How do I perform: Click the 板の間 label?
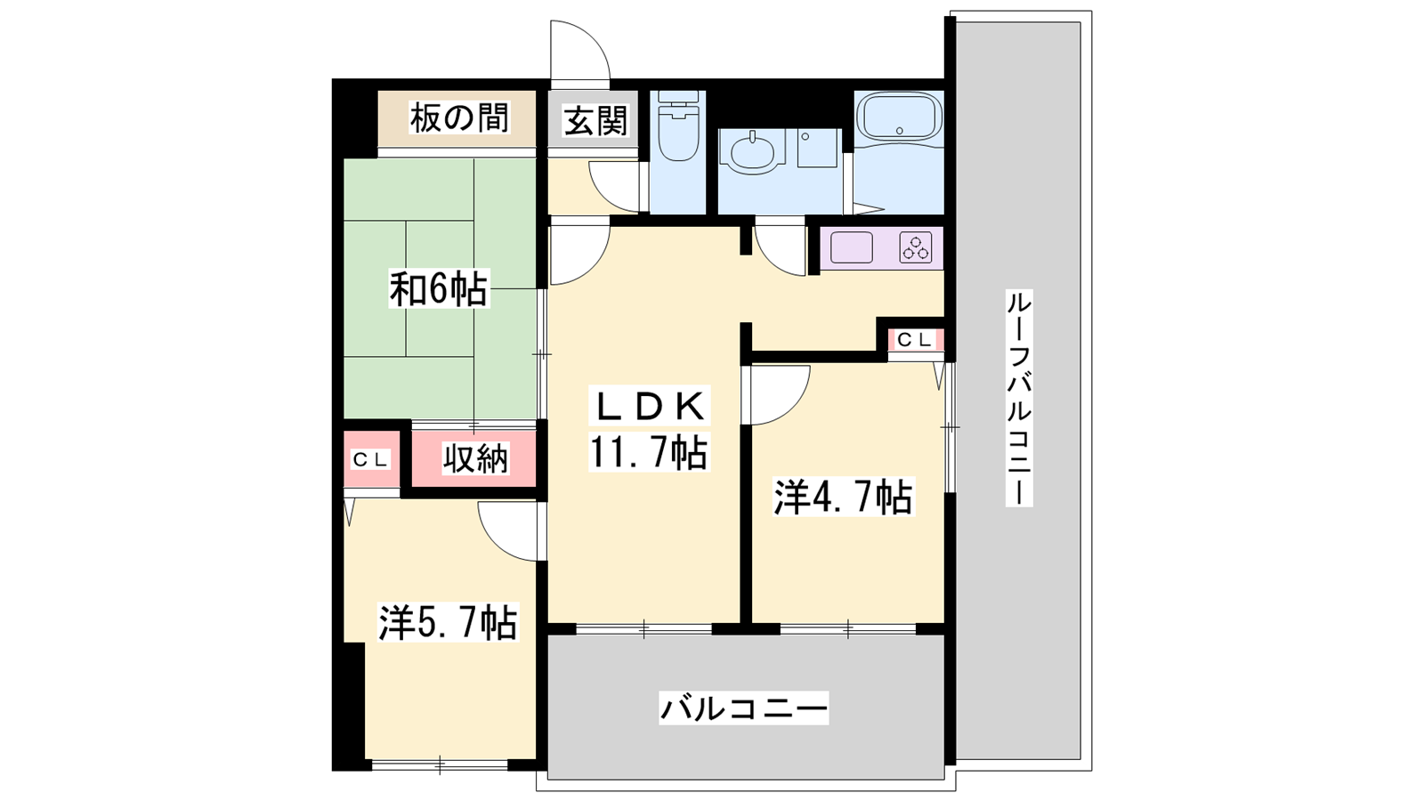click(459, 118)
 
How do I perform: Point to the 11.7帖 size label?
click(648, 452)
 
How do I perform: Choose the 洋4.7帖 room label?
click(843, 498)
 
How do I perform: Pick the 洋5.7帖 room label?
click(448, 622)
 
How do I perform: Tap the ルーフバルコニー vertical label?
click(1018, 398)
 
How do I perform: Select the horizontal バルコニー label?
click(744, 708)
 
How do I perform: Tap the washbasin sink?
click(753, 152)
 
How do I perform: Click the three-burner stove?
click(916, 247)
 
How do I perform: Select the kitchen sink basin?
click(852, 247)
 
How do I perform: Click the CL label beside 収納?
click(370, 459)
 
